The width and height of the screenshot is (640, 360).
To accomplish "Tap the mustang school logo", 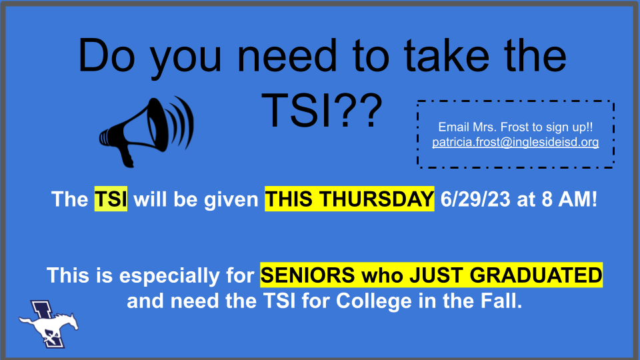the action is [x=49, y=324].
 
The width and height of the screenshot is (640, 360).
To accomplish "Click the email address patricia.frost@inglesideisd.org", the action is [x=515, y=142].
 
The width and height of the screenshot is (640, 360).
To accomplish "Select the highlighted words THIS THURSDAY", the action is [x=349, y=199].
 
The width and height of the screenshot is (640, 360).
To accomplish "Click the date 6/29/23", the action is [x=475, y=199].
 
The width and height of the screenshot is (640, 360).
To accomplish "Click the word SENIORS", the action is [x=308, y=275].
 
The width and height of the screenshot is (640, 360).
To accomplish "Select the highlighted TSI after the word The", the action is [x=111, y=199].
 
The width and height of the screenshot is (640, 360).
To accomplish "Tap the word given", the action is [x=231, y=200].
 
